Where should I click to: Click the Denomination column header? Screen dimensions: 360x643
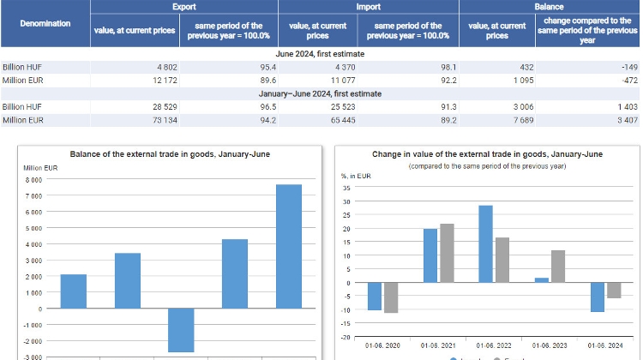click(45, 23)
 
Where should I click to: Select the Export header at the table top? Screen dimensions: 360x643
click(183, 6)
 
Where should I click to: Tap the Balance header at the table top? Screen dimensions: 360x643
click(549, 6)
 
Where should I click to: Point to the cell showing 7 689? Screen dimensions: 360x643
click(511, 121)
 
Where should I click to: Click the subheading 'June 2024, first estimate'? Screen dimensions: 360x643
click(321, 53)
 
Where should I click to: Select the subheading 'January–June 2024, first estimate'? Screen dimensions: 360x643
click(321, 93)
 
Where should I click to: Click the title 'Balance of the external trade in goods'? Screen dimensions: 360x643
click(162, 154)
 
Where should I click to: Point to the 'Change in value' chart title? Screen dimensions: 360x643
click(487, 154)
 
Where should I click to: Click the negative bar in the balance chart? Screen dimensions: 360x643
click(181, 330)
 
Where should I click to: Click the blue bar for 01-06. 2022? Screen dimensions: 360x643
click(485, 243)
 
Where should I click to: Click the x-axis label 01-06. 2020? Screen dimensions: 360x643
click(382, 345)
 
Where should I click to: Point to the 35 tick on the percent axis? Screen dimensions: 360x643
click(346, 188)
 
